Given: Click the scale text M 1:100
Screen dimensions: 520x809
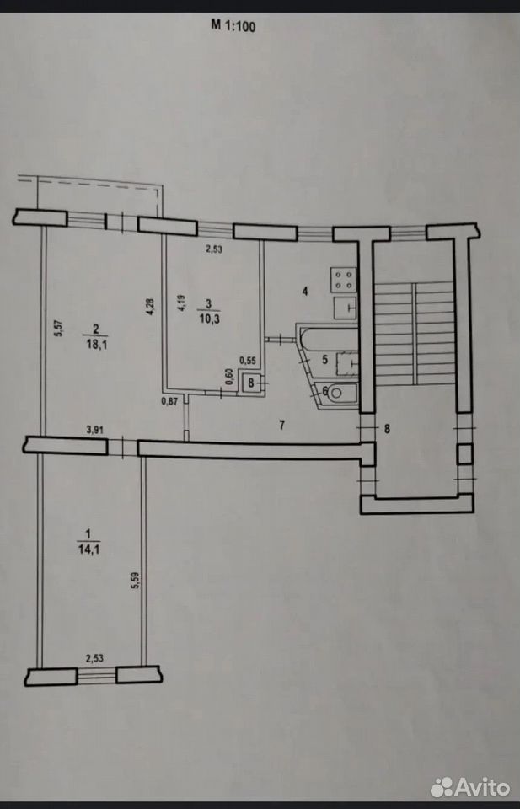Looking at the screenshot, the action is pos(233,26).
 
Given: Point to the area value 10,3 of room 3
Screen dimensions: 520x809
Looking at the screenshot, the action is pos(208,319).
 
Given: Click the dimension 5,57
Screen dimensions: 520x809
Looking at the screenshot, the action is pos(59,329).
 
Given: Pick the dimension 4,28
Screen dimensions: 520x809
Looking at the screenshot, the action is pos(149,307).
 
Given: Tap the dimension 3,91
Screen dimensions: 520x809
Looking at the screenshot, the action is pos(93,429).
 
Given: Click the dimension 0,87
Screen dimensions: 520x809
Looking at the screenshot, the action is pos(169,399).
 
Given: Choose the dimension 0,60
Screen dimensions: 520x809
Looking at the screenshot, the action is pos(230,378).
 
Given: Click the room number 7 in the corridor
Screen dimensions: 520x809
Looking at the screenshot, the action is pos(281,425).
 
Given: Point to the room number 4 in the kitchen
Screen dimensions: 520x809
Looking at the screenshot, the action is pos(305,292).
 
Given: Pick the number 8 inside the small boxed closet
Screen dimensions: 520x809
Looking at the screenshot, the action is pos(251,383).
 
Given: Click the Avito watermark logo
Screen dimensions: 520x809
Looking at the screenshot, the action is pos(470,787).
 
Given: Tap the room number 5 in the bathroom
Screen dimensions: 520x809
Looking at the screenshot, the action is pos(325,360).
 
